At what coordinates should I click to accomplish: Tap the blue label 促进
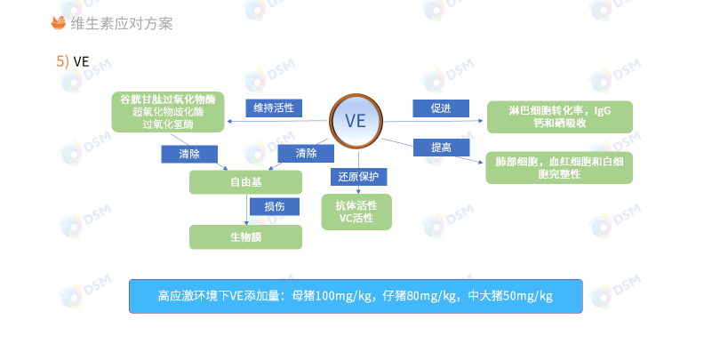[x=441, y=108]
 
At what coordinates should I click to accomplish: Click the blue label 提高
[x=441, y=147]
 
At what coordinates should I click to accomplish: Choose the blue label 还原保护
[x=358, y=176]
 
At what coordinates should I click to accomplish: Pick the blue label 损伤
[x=274, y=206]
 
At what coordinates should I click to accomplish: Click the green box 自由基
[x=245, y=182]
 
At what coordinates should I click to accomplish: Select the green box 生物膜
[x=245, y=236]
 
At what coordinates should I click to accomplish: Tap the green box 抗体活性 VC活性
[x=356, y=212]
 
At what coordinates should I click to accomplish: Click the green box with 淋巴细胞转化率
[x=559, y=116]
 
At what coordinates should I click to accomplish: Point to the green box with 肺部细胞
[x=559, y=167]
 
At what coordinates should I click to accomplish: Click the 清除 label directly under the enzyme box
[x=189, y=154]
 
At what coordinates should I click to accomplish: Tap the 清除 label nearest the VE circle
[x=306, y=154]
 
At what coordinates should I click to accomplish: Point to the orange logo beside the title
[x=59, y=23]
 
